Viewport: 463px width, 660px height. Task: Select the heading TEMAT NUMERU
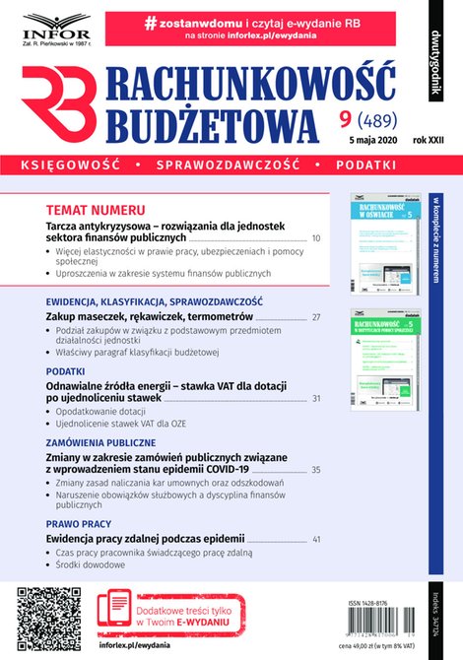click(96, 210)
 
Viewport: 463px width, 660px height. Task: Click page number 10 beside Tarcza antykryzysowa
click(315, 238)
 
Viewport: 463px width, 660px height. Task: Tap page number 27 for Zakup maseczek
click(315, 316)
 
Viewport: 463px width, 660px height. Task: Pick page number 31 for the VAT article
click(315, 398)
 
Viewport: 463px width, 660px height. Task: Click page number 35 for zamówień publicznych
click(315, 469)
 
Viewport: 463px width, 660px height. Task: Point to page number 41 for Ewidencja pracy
click(315, 539)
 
